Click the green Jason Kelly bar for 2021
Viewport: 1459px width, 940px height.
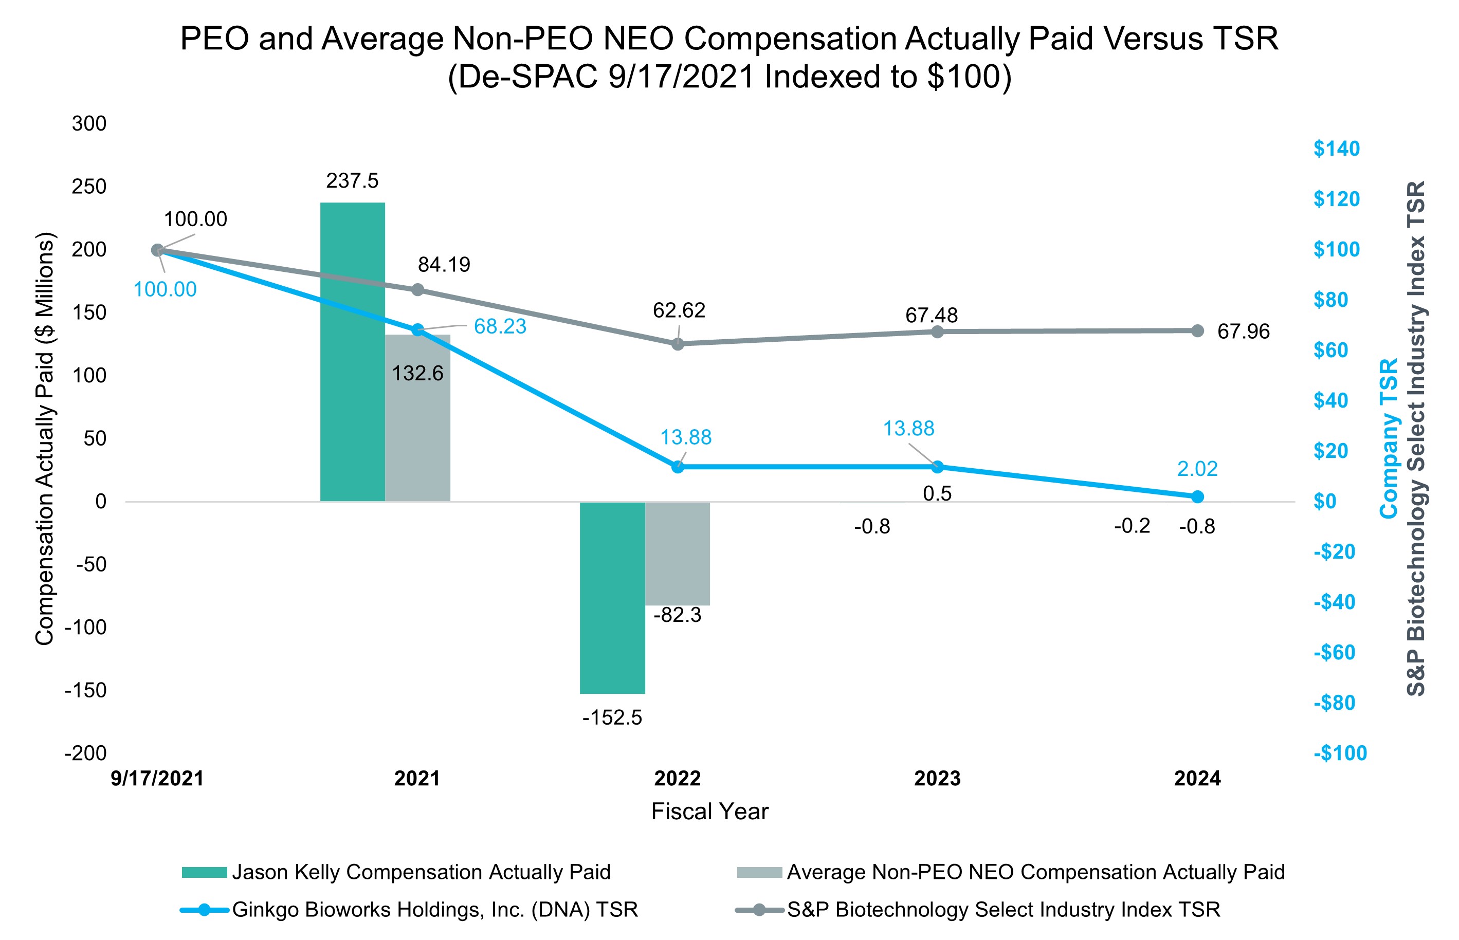pyautogui.click(x=352, y=352)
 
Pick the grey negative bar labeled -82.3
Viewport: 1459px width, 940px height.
pyautogui.click(x=678, y=553)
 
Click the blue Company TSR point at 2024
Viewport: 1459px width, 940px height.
pyautogui.click(x=1197, y=497)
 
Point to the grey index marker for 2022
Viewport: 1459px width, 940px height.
pyautogui.click(x=678, y=344)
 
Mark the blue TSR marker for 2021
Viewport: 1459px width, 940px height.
pyautogui.click(x=417, y=329)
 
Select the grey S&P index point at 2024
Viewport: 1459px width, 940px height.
pyautogui.click(x=1197, y=331)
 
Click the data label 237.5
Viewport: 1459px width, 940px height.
pyautogui.click(x=352, y=181)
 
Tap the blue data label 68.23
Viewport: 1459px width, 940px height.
pyautogui.click(x=500, y=326)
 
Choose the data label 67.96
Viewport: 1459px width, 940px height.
pyautogui.click(x=1243, y=331)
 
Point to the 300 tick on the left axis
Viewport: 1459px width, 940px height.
pyautogui.click(x=89, y=123)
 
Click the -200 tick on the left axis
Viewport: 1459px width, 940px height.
pyautogui.click(x=86, y=753)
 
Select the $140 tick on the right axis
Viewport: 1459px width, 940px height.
pyautogui.click(x=1336, y=149)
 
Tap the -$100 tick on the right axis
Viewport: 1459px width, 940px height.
pyautogui.click(x=1340, y=753)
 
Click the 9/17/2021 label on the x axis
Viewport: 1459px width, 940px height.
pyautogui.click(x=157, y=778)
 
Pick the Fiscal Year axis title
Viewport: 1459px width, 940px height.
pyautogui.click(x=709, y=811)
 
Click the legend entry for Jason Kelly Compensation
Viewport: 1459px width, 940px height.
pyautogui.click(x=421, y=872)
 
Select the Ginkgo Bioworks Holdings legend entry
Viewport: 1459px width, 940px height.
pyautogui.click(x=434, y=910)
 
